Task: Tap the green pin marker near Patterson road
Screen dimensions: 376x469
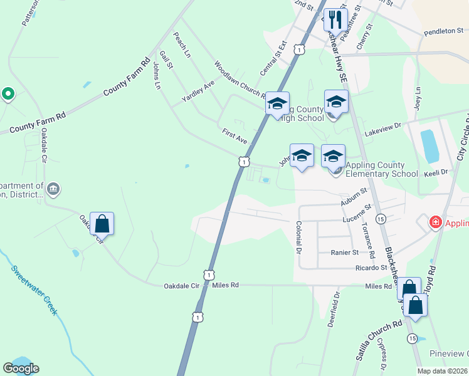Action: pyautogui.click(x=8, y=94)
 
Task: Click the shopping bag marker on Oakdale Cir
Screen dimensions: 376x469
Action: pyautogui.click(x=102, y=224)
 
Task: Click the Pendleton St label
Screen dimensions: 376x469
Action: pyautogui.click(x=442, y=31)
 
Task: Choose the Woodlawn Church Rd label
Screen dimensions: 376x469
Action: pyautogui.click(x=240, y=81)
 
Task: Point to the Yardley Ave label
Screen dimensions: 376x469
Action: pyautogui.click(x=198, y=92)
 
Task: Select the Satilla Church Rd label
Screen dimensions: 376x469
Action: pyautogui.click(x=378, y=342)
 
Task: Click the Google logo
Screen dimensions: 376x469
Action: pyautogui.click(x=21, y=368)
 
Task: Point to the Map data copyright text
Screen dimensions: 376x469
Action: pyautogui.click(x=443, y=371)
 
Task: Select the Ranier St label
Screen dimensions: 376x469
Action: pyautogui.click(x=344, y=252)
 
